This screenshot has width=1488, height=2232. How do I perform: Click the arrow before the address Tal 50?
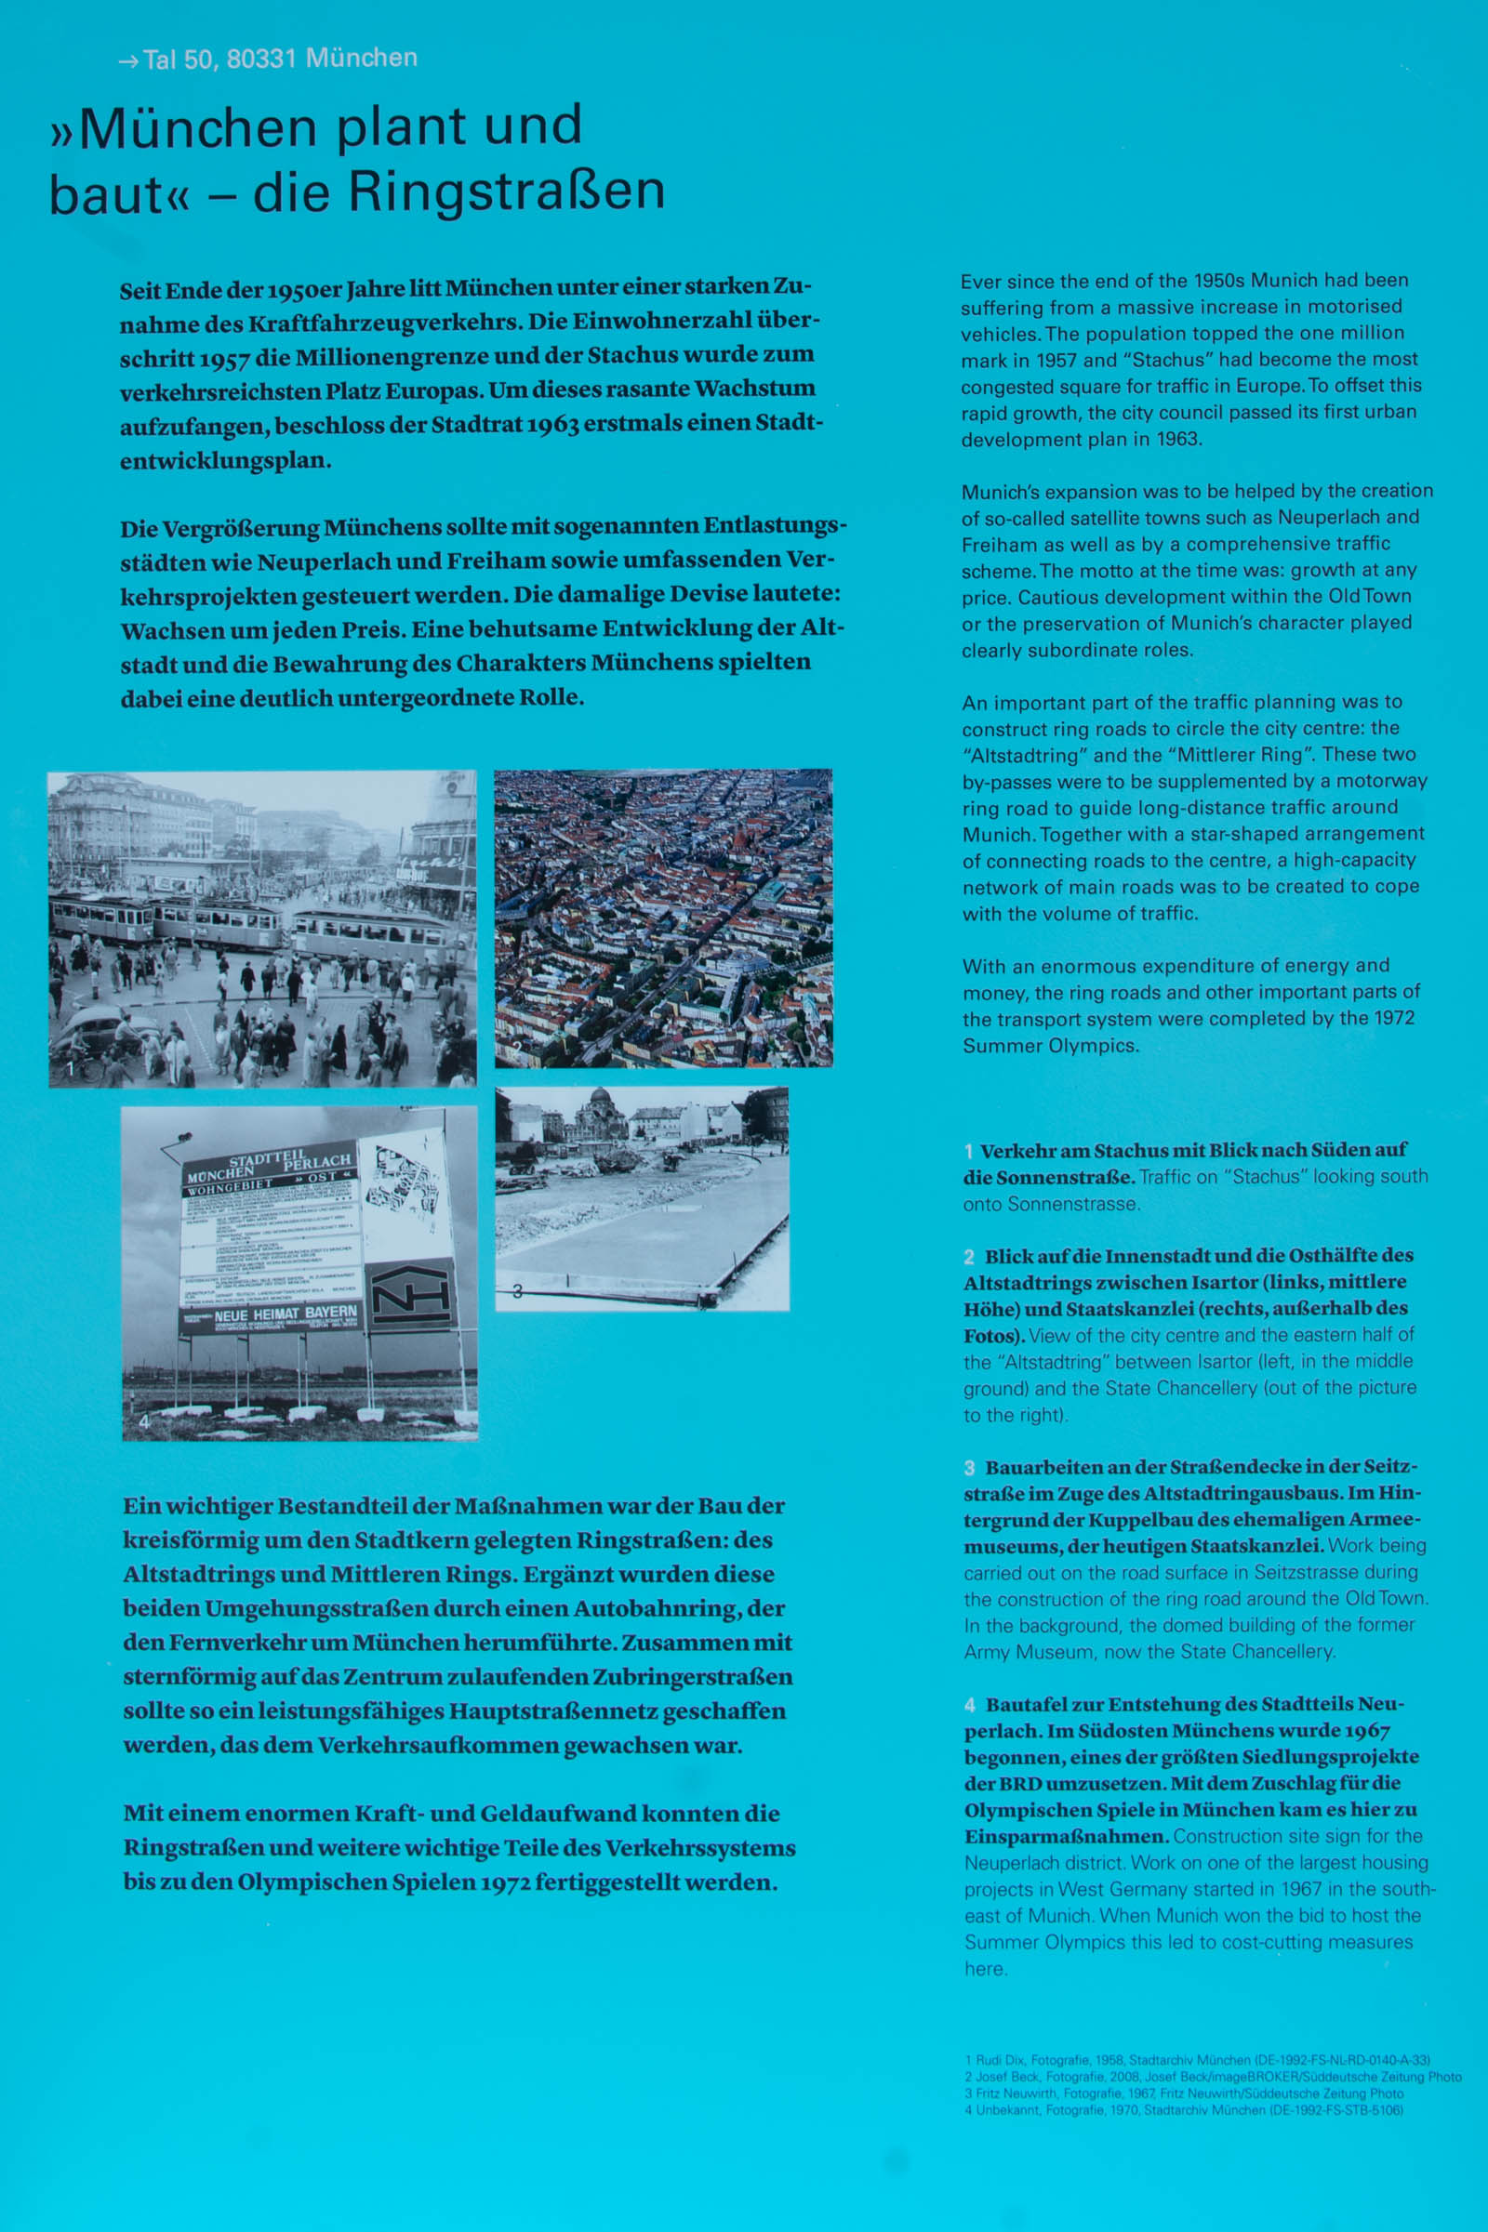(x=128, y=61)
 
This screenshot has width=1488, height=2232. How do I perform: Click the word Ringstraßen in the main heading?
(x=506, y=192)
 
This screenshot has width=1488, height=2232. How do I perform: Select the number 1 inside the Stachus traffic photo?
(x=71, y=1069)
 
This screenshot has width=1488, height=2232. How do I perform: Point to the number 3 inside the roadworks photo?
(x=517, y=1291)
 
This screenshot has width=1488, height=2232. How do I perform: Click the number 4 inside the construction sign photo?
(x=144, y=1420)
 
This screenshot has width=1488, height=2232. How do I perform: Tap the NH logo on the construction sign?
(x=410, y=1296)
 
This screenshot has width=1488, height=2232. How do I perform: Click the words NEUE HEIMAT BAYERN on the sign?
(x=286, y=1314)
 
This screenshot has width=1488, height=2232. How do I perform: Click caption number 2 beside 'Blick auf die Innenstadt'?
(x=969, y=1257)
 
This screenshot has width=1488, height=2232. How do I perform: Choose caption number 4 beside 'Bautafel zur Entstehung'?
(x=970, y=1705)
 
